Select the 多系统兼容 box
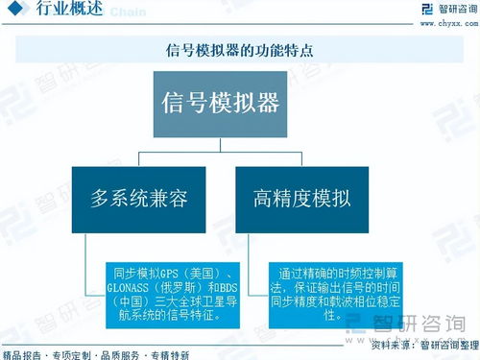point(138,199)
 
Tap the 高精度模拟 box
point(302,199)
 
